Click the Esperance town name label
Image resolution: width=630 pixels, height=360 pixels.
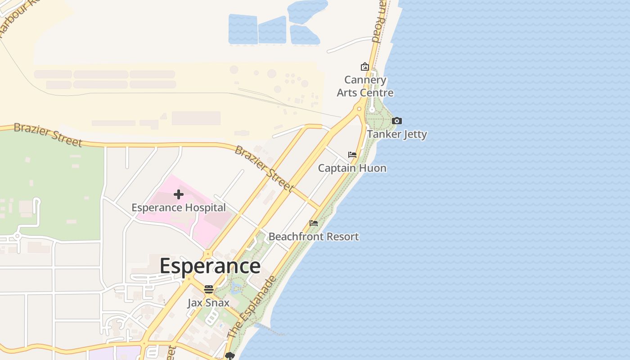pyautogui.click(x=210, y=265)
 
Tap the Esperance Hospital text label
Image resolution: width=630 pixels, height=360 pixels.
pyautogui.click(x=178, y=207)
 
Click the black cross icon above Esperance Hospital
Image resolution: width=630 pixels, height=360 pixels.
pyautogui.click(x=179, y=194)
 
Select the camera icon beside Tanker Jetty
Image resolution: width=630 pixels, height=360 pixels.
pyautogui.click(x=396, y=121)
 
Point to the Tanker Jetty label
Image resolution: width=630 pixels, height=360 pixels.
pyautogui.click(x=397, y=134)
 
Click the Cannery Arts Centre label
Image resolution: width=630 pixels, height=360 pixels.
pyautogui.click(x=365, y=86)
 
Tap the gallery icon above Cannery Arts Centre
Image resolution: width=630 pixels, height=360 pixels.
pyautogui.click(x=364, y=67)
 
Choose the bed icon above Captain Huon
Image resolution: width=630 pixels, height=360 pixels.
pyautogui.click(x=352, y=155)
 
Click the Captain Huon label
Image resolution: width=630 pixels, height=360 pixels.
pyautogui.click(x=352, y=168)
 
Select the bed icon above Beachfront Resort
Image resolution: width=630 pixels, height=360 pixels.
pyautogui.click(x=314, y=223)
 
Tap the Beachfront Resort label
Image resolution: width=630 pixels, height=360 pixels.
pyautogui.click(x=314, y=236)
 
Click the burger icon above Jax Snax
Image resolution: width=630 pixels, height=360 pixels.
pyautogui.click(x=208, y=289)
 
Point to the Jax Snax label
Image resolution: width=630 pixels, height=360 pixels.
pyautogui.click(x=208, y=302)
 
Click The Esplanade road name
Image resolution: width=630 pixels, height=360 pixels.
pyautogui.click(x=252, y=307)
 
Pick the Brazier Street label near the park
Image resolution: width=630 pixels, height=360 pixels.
pyautogui.click(x=48, y=134)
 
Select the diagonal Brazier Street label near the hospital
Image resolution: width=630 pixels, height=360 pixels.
pyautogui.click(x=264, y=167)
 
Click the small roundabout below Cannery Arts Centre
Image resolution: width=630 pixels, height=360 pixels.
pyautogui.click(x=359, y=109)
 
